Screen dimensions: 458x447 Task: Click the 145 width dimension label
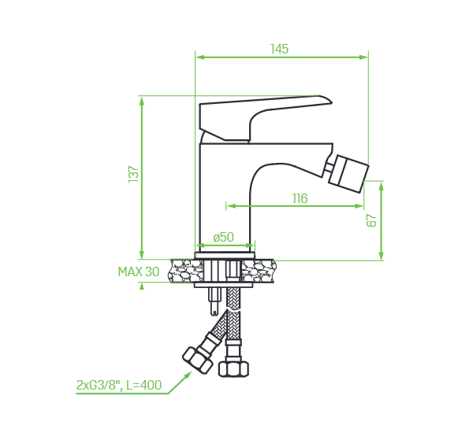coord(280,49)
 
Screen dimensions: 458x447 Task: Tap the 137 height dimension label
coord(133,175)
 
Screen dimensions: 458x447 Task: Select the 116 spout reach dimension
coord(300,198)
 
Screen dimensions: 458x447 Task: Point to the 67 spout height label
coord(371,220)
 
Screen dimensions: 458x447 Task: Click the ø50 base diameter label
coord(223,237)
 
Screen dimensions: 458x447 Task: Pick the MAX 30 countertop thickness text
coord(139,272)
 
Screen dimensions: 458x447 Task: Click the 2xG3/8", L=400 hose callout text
coord(119,385)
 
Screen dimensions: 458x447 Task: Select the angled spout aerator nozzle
coord(348,174)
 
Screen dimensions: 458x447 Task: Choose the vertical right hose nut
coord(233,369)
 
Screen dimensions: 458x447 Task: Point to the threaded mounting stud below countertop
coord(214,301)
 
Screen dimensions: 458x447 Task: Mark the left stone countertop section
coord(185,271)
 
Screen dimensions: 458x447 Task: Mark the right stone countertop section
coord(259,271)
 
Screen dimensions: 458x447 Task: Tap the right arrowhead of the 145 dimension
coord(363,57)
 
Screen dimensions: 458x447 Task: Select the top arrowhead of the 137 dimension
coord(142,101)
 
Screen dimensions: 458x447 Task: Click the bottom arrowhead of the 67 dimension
coord(382,256)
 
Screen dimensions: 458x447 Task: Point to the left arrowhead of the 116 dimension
coord(231,206)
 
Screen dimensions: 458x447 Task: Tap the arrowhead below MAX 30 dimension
coord(142,286)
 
